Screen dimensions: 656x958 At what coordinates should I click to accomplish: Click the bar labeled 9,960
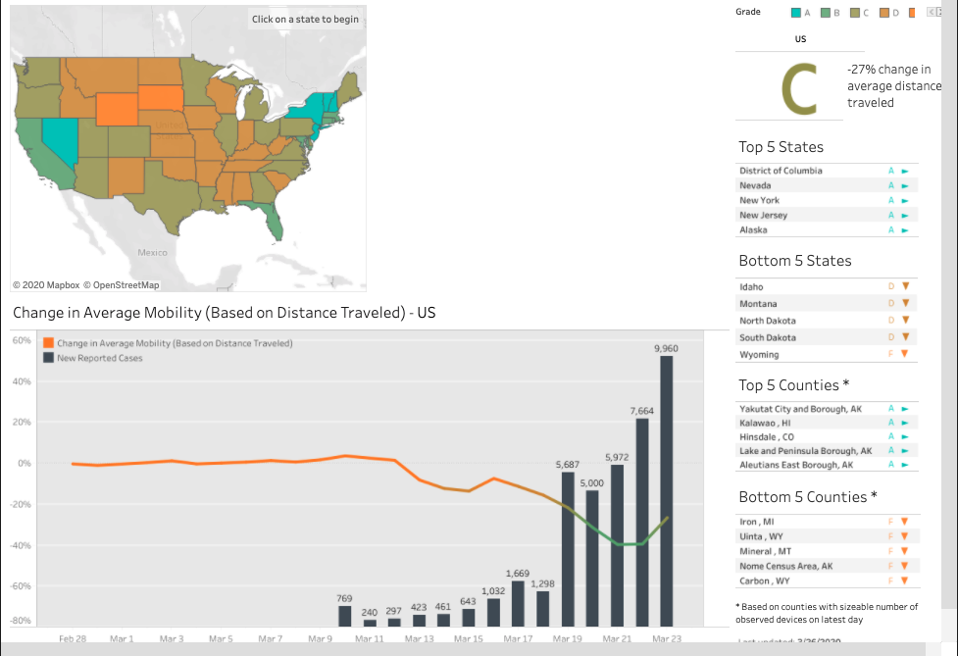point(667,490)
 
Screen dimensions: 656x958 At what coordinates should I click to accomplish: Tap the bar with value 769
point(344,616)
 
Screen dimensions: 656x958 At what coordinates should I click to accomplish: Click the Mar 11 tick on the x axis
point(369,638)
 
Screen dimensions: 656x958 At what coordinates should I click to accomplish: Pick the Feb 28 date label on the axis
point(73,638)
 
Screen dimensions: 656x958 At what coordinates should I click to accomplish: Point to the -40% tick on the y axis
point(22,545)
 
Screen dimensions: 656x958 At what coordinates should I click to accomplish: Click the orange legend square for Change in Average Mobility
point(48,343)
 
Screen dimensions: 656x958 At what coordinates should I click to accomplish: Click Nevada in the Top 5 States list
point(755,185)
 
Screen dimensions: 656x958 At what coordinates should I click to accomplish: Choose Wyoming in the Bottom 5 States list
point(759,354)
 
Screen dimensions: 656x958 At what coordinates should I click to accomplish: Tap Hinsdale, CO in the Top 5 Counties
point(767,436)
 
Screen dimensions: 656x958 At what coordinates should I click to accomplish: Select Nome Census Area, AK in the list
point(786,566)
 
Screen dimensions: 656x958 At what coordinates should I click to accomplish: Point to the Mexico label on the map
point(152,252)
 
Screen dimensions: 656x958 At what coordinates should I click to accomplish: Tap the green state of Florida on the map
point(276,221)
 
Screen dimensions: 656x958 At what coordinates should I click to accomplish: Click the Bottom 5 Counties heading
point(807,497)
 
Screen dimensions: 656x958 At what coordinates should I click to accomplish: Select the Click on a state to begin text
point(305,20)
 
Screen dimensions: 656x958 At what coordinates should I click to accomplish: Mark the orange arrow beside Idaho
point(906,286)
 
